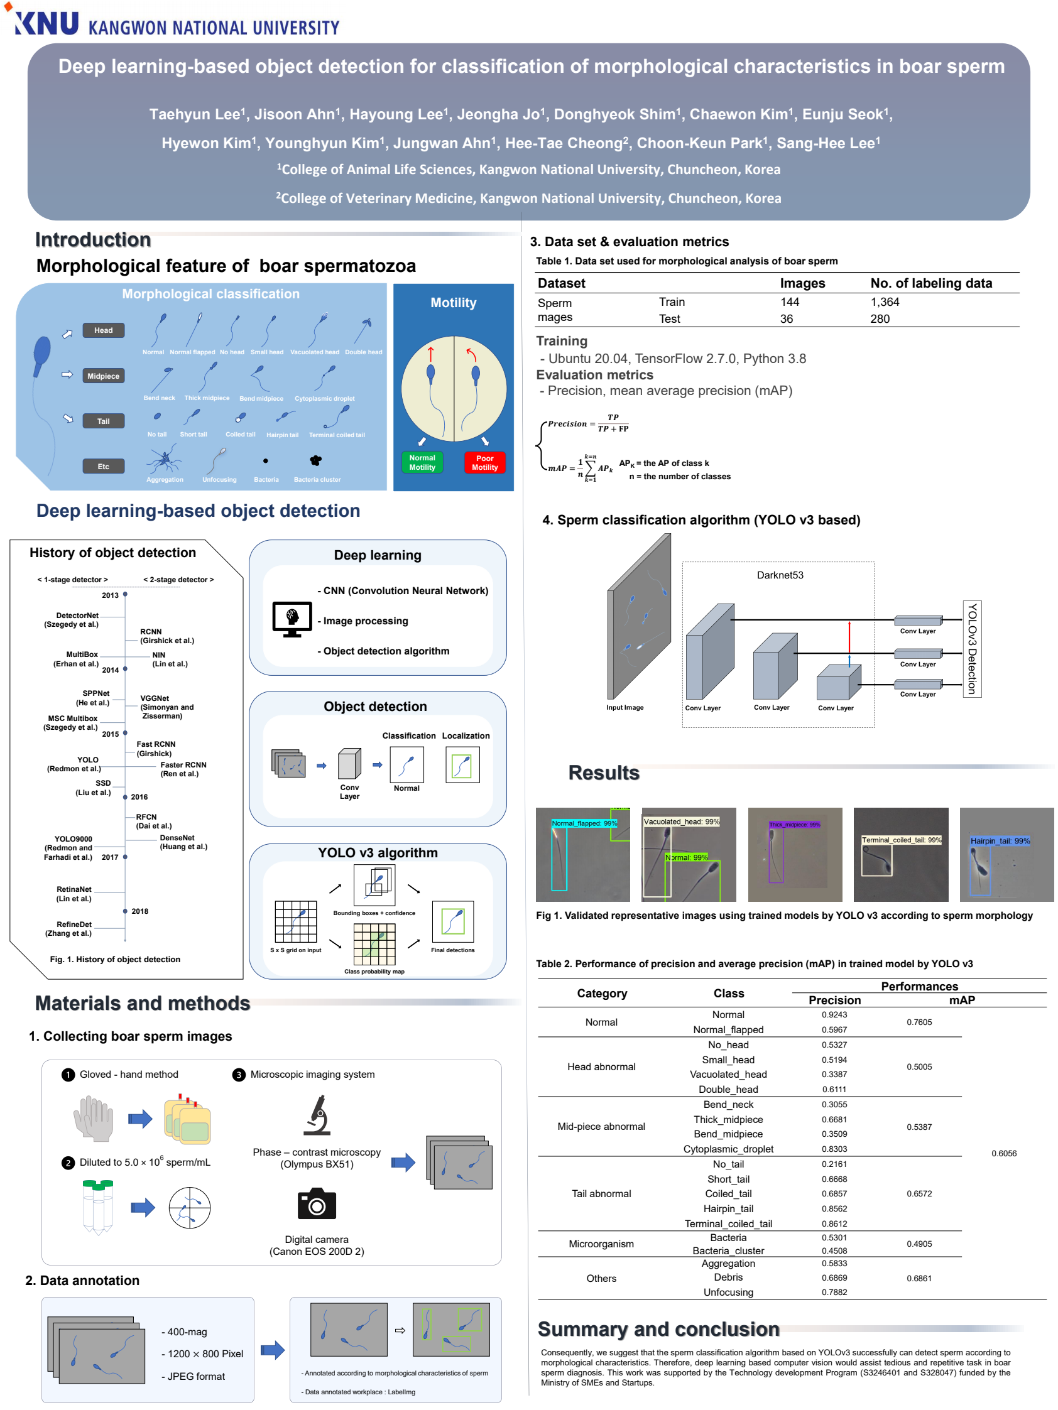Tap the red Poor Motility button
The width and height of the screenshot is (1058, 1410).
484,462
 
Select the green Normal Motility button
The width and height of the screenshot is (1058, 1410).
422,462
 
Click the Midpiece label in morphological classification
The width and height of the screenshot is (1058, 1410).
103,376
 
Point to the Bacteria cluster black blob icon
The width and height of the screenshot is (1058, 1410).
315,460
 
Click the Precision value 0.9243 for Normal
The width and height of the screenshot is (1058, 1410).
834,1014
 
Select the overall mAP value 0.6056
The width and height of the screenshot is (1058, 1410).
1003,1152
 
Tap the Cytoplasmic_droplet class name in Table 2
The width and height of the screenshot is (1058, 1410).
728,1148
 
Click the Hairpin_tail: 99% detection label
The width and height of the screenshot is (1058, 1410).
1000,840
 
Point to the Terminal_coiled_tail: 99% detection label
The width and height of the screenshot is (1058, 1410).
900,840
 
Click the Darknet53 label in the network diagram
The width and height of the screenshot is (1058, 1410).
779,574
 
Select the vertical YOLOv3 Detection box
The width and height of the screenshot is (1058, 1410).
971,648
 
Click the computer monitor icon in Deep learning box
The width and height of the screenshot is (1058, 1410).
292,618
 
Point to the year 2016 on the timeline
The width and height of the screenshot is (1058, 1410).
138,796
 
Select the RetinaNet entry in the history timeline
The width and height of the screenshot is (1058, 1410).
74,893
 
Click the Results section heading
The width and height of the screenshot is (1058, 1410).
603,772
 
